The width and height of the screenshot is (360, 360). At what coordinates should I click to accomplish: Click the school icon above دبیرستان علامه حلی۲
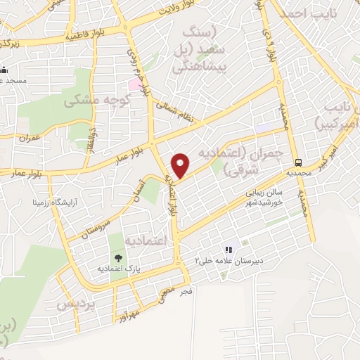[x=228, y=250]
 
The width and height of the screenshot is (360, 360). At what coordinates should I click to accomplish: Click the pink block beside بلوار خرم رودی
[x=134, y=84]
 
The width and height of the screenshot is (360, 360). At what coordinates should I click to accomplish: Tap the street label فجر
[x=186, y=289]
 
